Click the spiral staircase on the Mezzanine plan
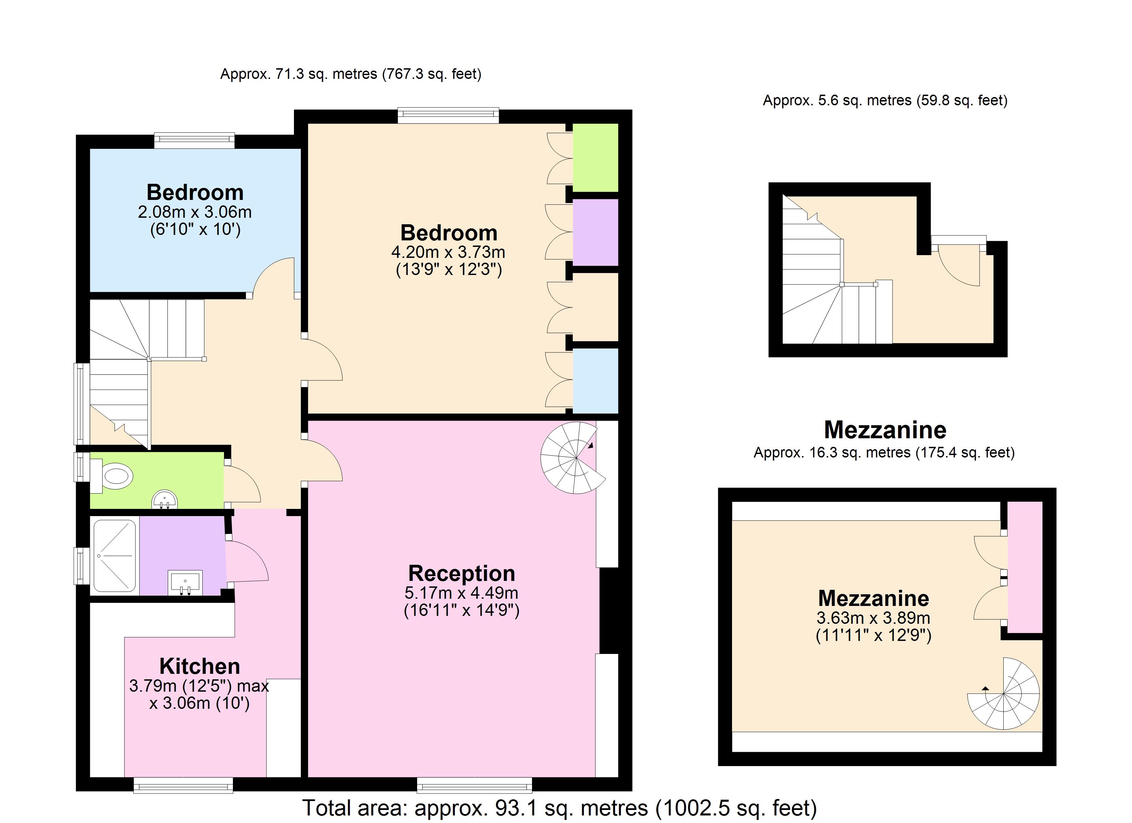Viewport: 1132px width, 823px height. [1004, 693]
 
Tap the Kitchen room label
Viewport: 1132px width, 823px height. [200, 666]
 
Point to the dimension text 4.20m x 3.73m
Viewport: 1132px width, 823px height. [448, 252]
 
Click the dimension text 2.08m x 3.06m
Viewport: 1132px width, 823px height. [194, 212]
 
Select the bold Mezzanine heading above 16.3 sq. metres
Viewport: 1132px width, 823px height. [885, 430]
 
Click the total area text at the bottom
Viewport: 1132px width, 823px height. [559, 808]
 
